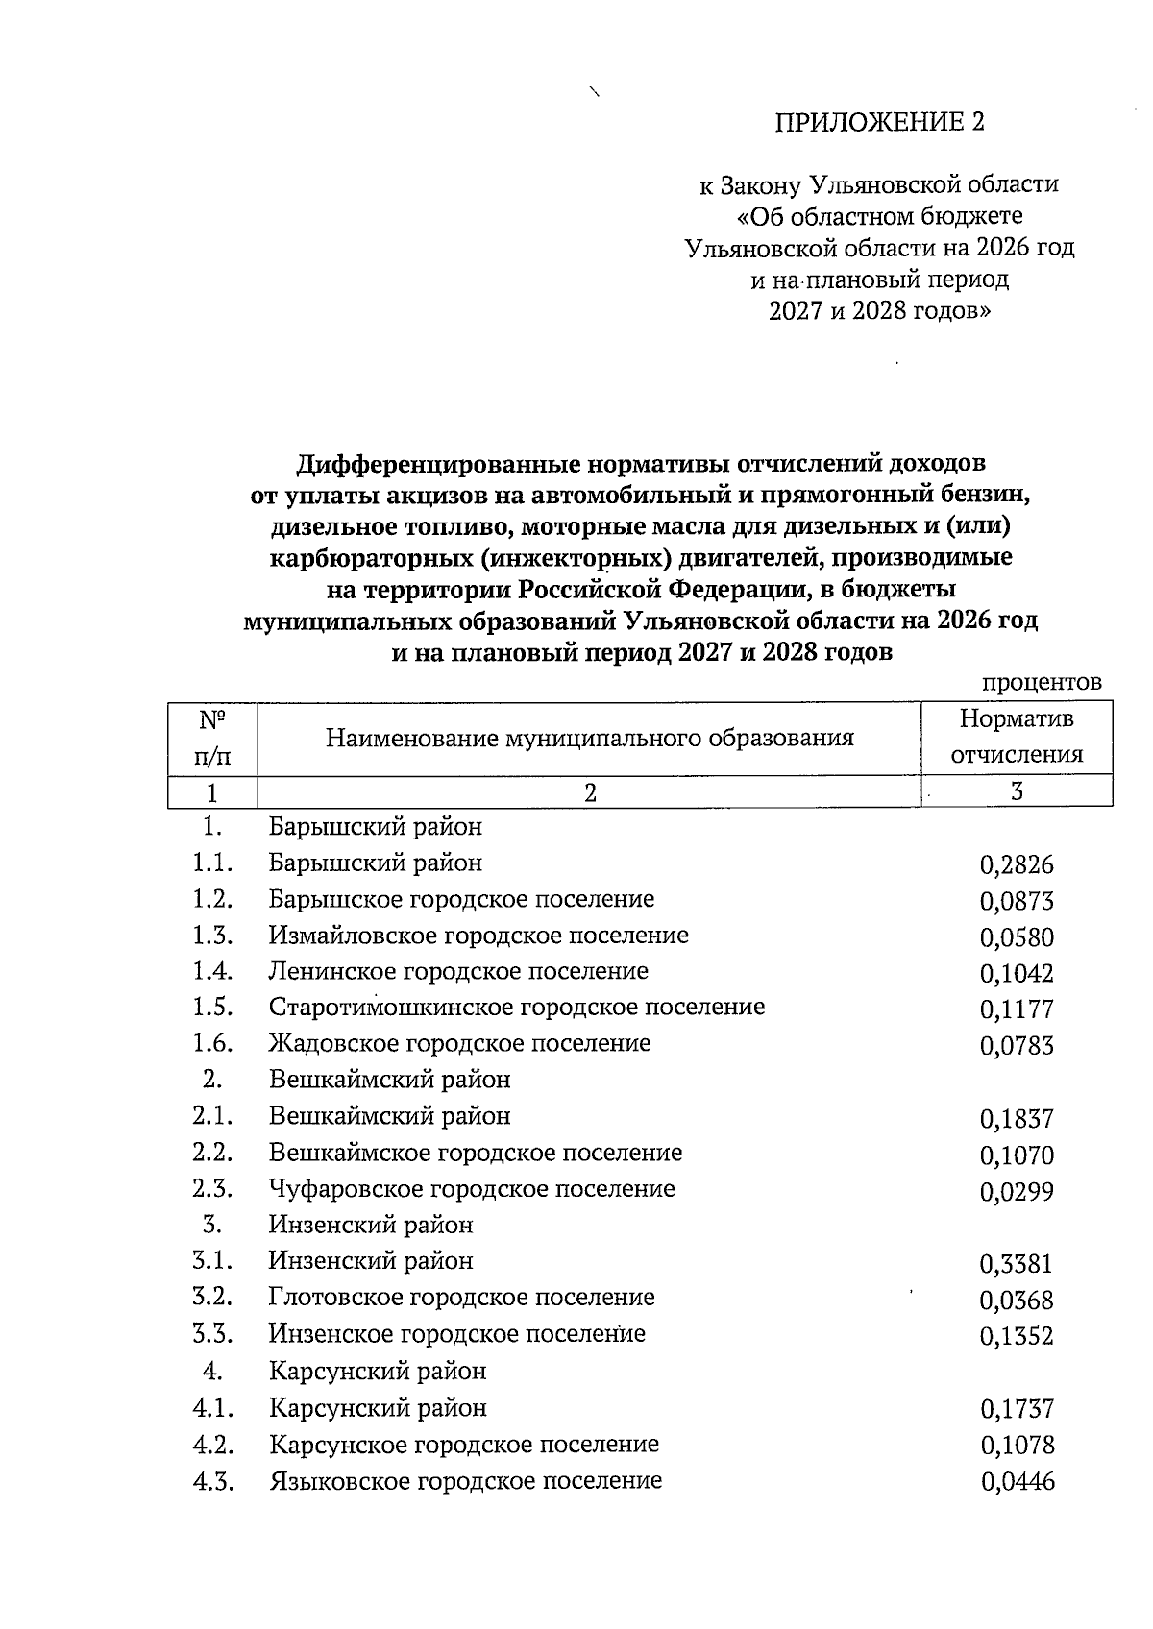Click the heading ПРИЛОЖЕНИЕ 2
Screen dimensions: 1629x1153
879,122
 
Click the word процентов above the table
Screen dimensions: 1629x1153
1041,682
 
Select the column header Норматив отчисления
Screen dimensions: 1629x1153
1017,737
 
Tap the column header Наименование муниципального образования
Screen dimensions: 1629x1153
589,738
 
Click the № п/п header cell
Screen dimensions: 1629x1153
212,737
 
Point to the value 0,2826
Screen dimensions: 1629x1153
1017,865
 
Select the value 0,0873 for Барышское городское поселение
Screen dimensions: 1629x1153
1017,902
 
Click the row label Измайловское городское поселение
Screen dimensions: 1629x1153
478,936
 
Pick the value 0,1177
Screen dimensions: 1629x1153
1017,1009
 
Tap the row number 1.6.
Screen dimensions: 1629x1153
212,1044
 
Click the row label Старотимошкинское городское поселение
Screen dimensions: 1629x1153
517,1008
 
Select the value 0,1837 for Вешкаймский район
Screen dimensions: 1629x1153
1017,1119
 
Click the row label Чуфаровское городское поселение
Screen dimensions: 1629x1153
472,1189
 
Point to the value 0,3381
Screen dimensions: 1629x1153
1017,1264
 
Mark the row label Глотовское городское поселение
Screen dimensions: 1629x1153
461,1298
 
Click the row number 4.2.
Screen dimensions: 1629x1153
212,1445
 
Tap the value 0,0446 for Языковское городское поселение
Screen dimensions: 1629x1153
1018,1482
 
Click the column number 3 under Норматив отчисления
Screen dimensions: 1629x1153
1017,792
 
